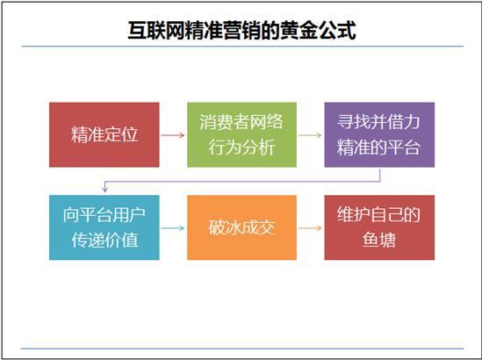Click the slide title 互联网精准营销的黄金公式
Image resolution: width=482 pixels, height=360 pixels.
point(241,29)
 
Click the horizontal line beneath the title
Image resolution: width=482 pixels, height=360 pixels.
point(241,46)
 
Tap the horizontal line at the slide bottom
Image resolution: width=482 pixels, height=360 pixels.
point(241,349)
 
